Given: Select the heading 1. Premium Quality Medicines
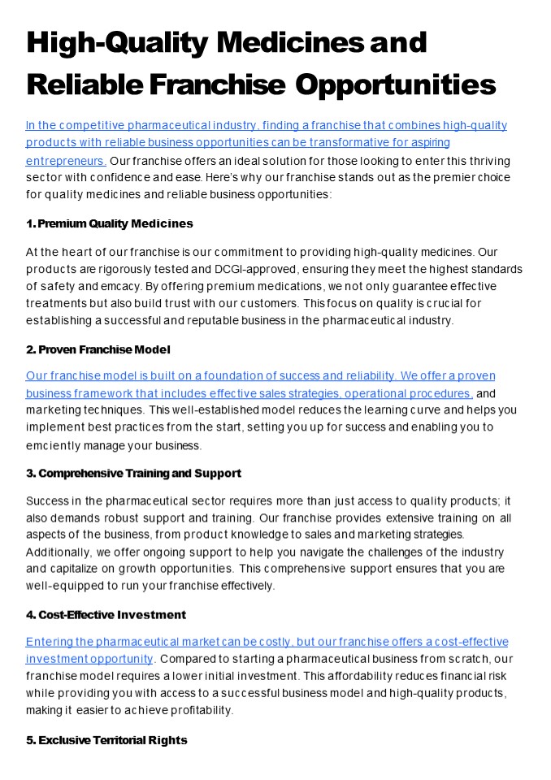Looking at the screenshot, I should [x=109, y=223].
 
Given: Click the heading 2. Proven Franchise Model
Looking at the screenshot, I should [x=98, y=349].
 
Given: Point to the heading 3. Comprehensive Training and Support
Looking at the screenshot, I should [x=133, y=473].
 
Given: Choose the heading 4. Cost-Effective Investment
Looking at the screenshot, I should [x=106, y=614].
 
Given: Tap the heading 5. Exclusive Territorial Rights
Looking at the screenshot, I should [x=106, y=740].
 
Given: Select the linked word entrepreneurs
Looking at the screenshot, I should [x=65, y=161].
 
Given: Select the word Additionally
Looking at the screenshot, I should [x=56, y=551].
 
